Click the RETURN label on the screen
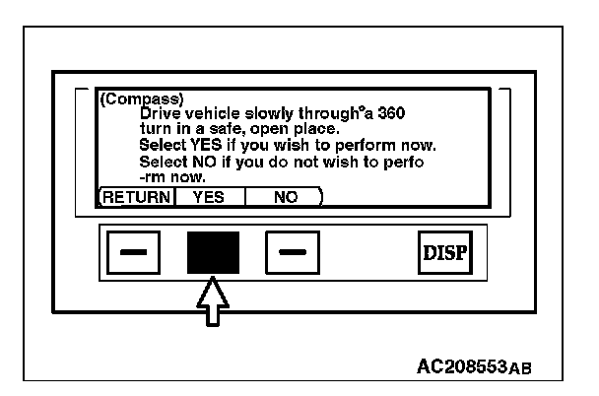coord(137,197)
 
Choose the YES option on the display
coord(208,197)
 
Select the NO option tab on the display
coord(286,197)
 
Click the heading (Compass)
coord(131,99)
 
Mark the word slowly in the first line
coord(268,113)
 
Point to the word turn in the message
coord(157,129)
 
